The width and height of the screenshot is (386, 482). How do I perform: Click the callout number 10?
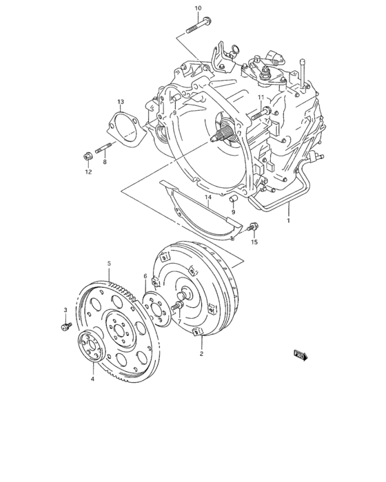click(x=198, y=8)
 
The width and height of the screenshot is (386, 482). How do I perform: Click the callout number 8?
click(x=105, y=163)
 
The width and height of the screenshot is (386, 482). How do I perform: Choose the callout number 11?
click(x=261, y=98)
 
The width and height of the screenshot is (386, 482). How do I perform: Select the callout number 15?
click(x=254, y=242)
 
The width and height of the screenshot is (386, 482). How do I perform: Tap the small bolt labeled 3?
click(x=65, y=326)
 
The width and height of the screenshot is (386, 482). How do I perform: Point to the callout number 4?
click(x=92, y=379)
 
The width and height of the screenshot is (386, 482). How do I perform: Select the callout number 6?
click(x=145, y=276)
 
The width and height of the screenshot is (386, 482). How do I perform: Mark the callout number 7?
click(x=179, y=322)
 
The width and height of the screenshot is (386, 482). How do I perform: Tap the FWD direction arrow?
click(x=301, y=355)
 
